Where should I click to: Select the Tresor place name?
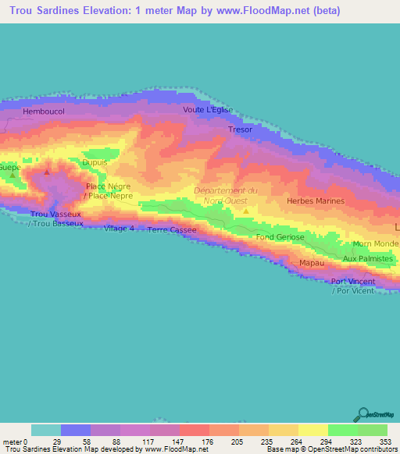pos(240,129)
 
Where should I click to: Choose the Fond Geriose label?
pos(280,236)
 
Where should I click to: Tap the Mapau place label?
pos(312,263)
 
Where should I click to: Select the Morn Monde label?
pos(377,244)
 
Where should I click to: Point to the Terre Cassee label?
pos(172,230)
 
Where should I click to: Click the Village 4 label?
pos(120,228)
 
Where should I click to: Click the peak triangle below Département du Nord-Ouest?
pos(246,210)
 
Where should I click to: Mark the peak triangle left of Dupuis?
pos(47,172)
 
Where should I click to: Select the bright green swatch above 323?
pos(343,430)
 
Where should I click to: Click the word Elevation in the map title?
pos(101,9)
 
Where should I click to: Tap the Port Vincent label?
pos(353,282)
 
